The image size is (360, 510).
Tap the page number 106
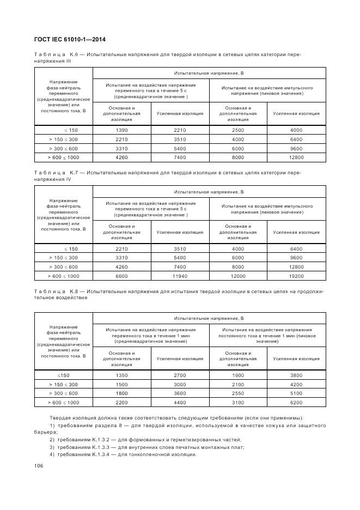39,465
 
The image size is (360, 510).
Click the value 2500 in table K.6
237,130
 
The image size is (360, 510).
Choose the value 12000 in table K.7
237,276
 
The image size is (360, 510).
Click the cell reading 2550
237,393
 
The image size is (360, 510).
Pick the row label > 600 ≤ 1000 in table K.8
64,402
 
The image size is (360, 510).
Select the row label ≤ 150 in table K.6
71,130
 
